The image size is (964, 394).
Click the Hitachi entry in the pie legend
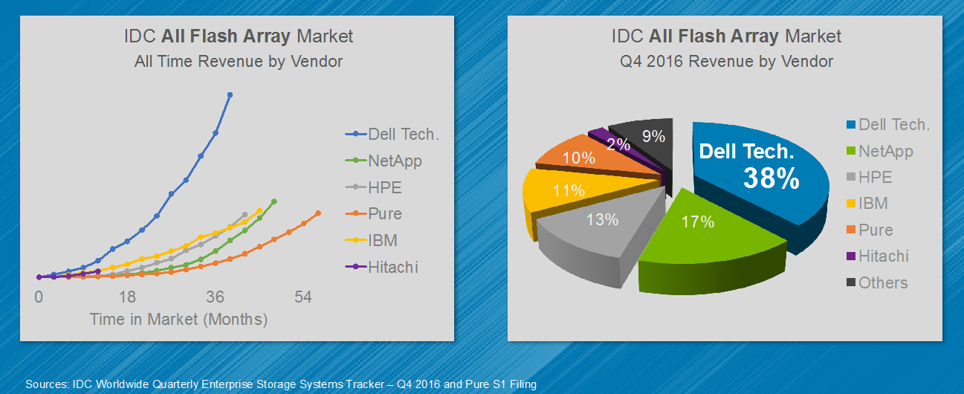pyautogui.click(x=883, y=256)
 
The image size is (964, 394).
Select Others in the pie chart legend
pyautogui.click(x=882, y=282)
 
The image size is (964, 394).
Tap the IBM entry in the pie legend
pyautogui.click(x=873, y=203)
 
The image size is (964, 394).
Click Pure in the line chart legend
pyautogui.click(x=384, y=213)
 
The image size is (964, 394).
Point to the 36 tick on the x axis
pyautogui.click(x=216, y=297)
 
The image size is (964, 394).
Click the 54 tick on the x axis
pyautogui.click(x=303, y=297)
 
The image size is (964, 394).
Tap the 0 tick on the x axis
pyautogui.click(x=39, y=297)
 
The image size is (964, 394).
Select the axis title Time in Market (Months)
pyautogui.click(x=178, y=320)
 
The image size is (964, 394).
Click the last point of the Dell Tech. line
pyautogui.click(x=230, y=94)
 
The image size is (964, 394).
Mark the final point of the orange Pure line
pyautogui.click(x=318, y=213)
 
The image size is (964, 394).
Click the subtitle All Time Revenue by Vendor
pyautogui.click(x=238, y=61)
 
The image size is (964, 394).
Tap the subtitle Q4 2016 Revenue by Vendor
pyautogui.click(x=726, y=61)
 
